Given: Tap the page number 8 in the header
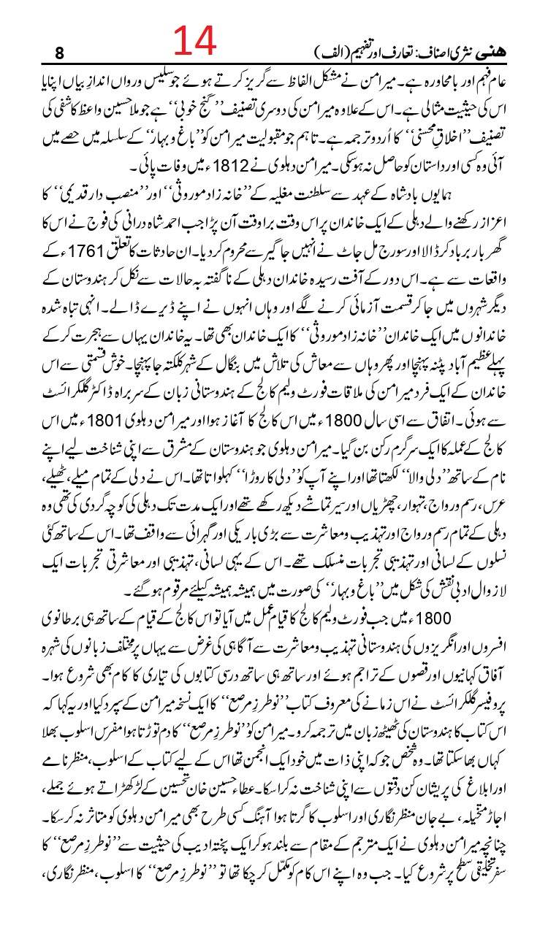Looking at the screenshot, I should [59, 53].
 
